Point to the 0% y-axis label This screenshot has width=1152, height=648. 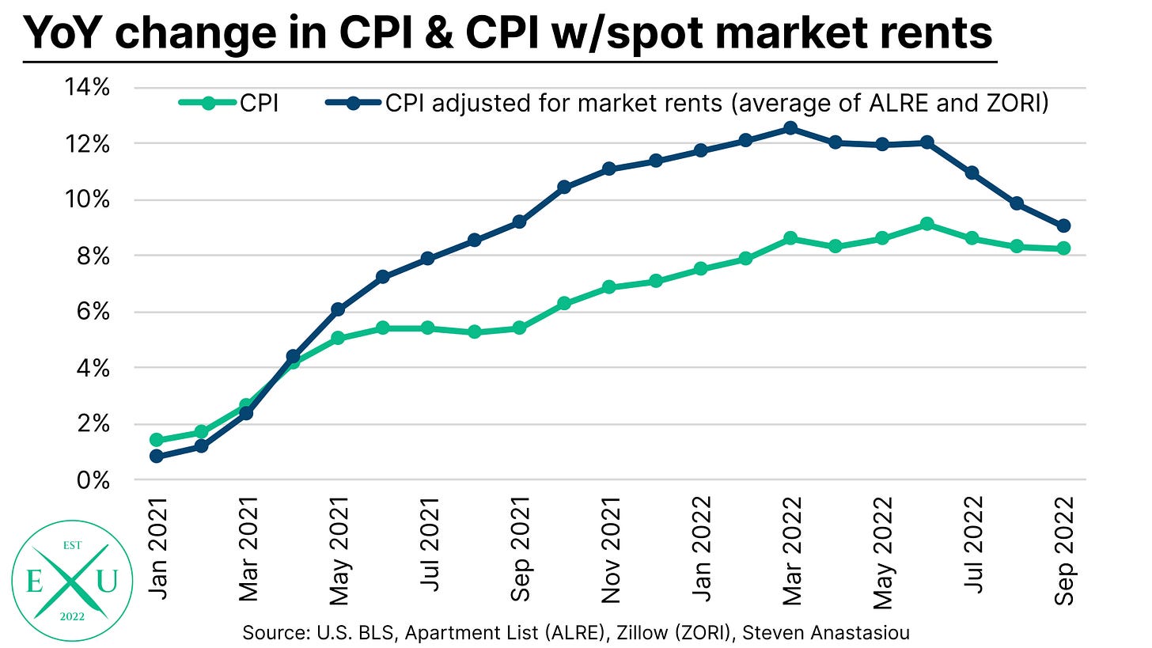pos(89,480)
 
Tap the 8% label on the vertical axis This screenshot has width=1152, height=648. pos(89,256)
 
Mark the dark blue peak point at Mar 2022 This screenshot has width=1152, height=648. pos(790,128)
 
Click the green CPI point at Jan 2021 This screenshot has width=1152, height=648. pos(157,440)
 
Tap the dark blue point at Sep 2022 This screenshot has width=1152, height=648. pos(1064,226)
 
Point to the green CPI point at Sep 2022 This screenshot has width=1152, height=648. pos(1064,248)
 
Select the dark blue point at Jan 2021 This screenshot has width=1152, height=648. pos(157,457)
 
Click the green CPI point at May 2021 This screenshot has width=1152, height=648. pos(338,339)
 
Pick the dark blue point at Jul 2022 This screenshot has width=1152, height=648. pos(973,172)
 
